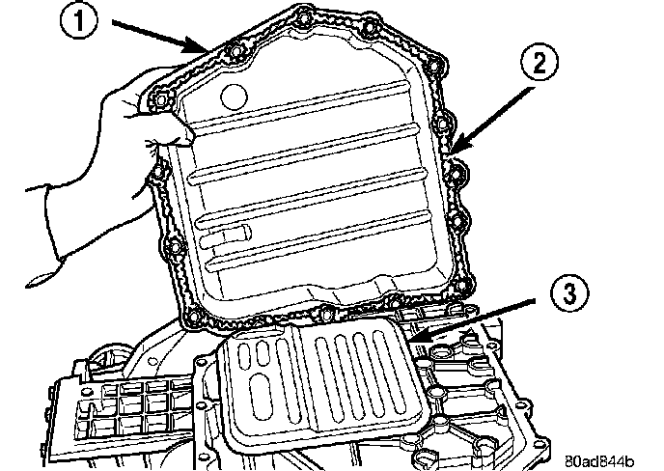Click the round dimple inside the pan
(x=235, y=96)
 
